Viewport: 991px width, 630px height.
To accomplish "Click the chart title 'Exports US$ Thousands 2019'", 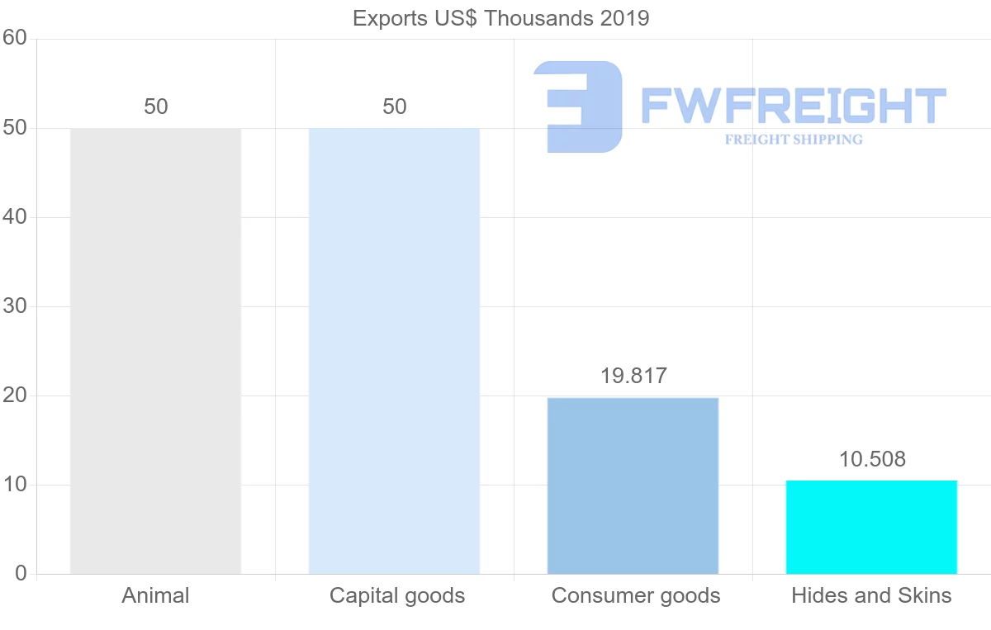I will point(500,18).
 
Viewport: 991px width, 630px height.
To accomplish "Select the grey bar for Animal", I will point(155,351).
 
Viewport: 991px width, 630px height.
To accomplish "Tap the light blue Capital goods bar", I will point(394,351).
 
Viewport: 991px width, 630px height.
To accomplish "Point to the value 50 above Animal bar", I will point(155,107).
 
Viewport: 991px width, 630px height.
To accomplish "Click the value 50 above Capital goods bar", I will point(394,107).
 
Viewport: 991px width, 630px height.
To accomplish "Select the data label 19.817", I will point(633,376).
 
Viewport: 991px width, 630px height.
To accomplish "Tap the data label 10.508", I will point(871,459).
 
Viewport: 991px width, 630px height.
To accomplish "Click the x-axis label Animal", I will point(155,595).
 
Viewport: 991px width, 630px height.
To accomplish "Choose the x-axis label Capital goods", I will point(396,595).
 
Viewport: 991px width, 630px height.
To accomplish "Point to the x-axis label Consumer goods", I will point(635,595).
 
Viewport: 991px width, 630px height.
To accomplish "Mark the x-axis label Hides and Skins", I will point(871,595).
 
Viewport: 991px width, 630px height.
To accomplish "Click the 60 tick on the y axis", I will point(15,39).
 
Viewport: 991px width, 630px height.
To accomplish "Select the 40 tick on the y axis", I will point(15,217).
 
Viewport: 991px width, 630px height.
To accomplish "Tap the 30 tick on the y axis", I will point(15,306).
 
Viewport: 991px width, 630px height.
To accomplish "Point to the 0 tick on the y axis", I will point(21,574).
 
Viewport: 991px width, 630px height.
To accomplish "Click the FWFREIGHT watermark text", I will point(793,105).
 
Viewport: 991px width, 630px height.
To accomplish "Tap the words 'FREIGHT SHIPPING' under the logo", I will point(793,140).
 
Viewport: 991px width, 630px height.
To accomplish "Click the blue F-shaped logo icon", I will point(578,106).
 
